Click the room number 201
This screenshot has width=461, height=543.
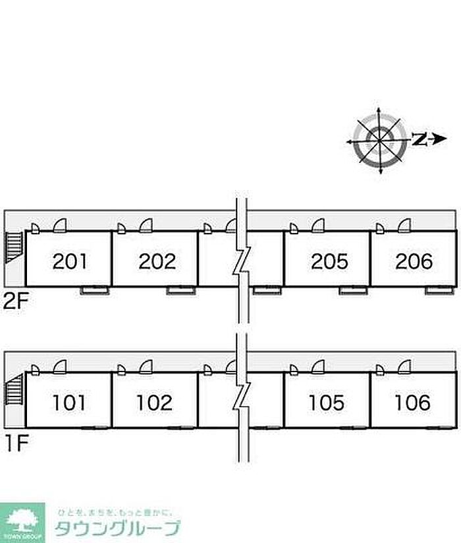tap(70, 262)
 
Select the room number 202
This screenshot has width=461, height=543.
tap(157, 262)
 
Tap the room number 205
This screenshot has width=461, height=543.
tap(329, 262)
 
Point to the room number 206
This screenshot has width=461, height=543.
tap(414, 262)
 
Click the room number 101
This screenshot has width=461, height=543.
tap(70, 402)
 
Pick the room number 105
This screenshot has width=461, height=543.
tap(326, 402)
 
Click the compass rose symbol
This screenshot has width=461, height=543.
tap(379, 140)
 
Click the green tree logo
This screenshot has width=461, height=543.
tap(22, 521)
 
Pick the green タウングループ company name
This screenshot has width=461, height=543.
tap(117, 528)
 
